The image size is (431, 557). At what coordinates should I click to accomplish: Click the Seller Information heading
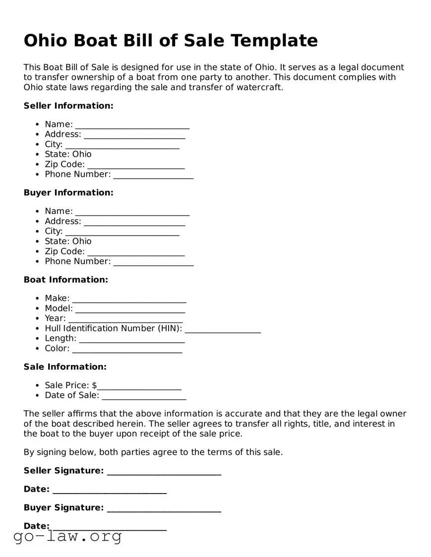(x=68, y=106)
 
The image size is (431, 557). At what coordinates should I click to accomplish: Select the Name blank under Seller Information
(x=132, y=125)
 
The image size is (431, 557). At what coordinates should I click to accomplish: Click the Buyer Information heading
(x=68, y=192)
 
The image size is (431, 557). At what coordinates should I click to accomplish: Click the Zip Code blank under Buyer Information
(x=135, y=252)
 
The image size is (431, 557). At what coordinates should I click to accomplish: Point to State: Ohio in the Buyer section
(x=68, y=241)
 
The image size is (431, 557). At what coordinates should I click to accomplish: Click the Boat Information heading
(x=65, y=279)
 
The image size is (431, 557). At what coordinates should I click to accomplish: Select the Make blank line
(x=129, y=299)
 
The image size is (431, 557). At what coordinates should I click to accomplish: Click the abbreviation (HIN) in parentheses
(x=170, y=329)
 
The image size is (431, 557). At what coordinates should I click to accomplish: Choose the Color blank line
(x=127, y=349)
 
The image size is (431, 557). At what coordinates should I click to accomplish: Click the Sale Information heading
(x=65, y=367)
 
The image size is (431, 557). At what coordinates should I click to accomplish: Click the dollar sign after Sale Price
(x=95, y=386)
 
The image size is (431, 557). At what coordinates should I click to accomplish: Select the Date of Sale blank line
(x=143, y=396)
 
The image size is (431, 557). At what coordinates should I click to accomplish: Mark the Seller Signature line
(x=164, y=471)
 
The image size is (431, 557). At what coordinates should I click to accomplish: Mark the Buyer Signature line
(x=164, y=508)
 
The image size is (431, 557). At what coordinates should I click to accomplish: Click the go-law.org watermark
(x=67, y=536)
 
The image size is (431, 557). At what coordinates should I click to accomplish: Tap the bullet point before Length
(x=38, y=338)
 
